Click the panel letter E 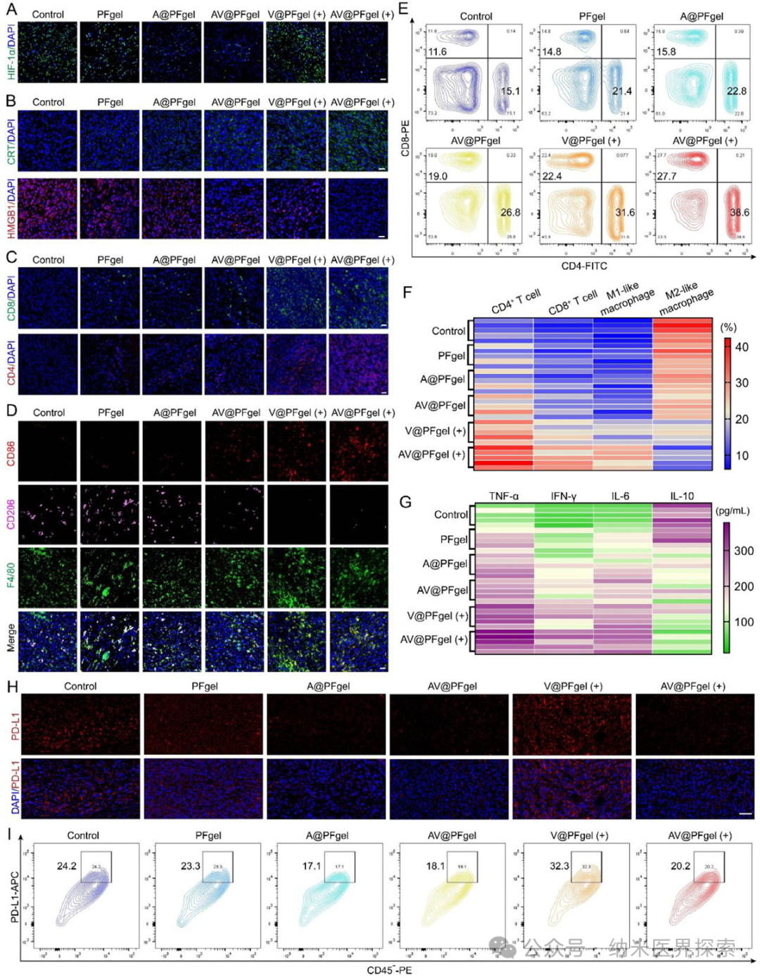coord(404,8)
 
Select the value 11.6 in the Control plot coord(437,51)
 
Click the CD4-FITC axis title coord(583,266)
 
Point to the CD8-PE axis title coord(405,138)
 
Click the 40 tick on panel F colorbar coord(742,347)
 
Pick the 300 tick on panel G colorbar coord(744,551)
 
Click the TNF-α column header coord(504,496)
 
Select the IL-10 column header coord(681,496)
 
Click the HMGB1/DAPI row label coord(11,208)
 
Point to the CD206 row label coord(11,514)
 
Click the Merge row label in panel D coord(11,638)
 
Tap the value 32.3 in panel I coord(559,865)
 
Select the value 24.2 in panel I coord(67,865)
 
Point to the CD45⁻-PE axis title coord(389,970)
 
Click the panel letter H coord(11,687)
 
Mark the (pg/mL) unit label coord(733,510)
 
